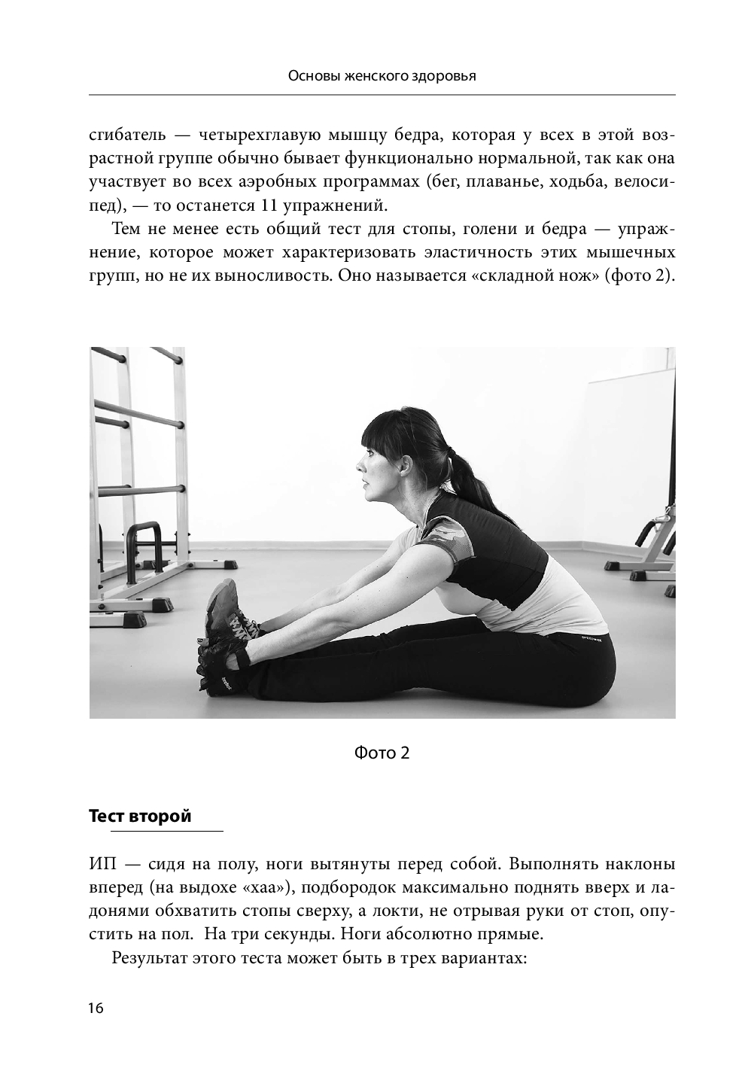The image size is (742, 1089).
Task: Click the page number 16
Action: (96, 1008)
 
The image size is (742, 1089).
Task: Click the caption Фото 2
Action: (382, 753)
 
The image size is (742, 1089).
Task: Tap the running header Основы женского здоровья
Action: (382, 75)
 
